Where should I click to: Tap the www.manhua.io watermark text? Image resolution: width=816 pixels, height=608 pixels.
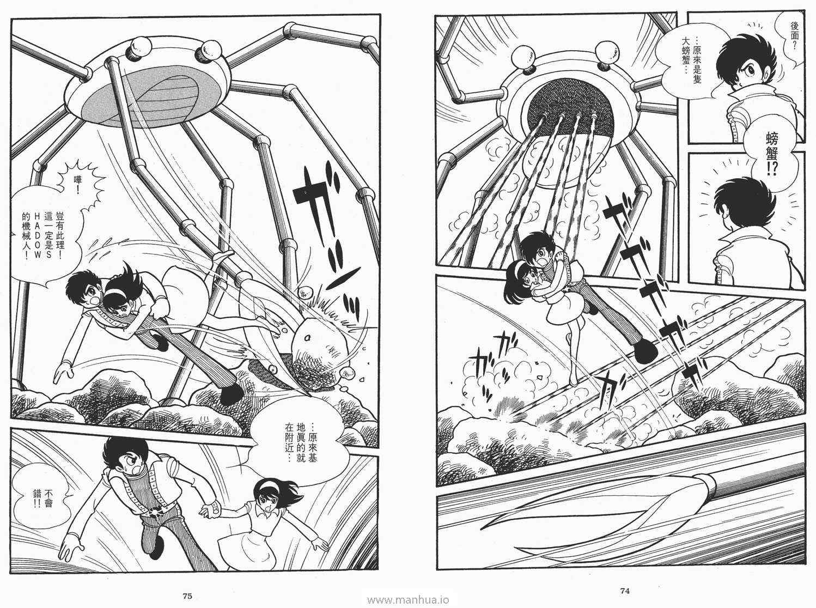(x=408, y=600)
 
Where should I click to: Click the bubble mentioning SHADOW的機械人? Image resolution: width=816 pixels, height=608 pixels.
(x=46, y=235)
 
